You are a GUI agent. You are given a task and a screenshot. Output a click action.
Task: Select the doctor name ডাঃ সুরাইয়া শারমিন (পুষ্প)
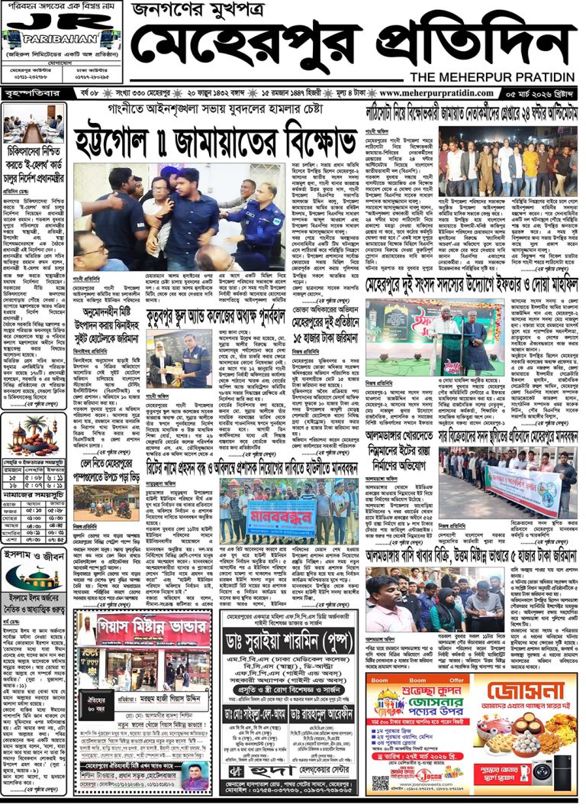point(286,659)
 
